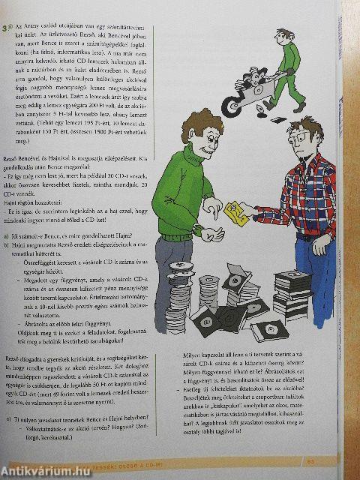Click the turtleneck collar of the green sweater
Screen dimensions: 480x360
click(196, 154)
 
